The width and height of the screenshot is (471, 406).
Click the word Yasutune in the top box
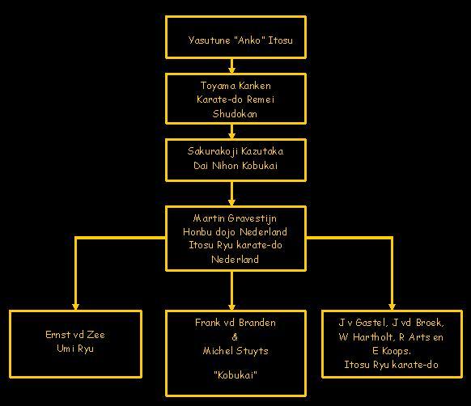(x=209, y=40)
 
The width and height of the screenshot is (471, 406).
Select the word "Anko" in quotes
(x=249, y=40)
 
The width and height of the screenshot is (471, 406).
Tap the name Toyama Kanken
(x=235, y=86)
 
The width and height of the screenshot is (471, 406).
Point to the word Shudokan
(x=235, y=114)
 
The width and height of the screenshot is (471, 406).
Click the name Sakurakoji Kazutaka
(x=235, y=151)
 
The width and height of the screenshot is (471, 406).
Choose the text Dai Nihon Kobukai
(x=235, y=166)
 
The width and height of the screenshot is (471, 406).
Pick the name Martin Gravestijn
(x=235, y=218)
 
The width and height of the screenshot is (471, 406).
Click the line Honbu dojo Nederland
(x=235, y=232)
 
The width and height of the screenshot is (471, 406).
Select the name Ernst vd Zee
(x=75, y=335)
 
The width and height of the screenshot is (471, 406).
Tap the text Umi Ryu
(x=75, y=349)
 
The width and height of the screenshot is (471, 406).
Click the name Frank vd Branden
(x=235, y=323)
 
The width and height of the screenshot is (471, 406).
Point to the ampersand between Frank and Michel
(x=235, y=337)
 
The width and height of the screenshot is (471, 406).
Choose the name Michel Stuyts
(x=235, y=351)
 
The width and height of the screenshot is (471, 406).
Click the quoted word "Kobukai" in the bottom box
(x=235, y=374)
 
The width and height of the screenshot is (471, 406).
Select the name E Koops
(x=392, y=351)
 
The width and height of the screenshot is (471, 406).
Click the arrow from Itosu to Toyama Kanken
(x=231, y=66)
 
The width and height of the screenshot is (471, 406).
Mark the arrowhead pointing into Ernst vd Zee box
(x=75, y=307)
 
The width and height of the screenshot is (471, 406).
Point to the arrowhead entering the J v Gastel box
(x=392, y=307)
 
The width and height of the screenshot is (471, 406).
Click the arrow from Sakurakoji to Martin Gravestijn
(x=231, y=193)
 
